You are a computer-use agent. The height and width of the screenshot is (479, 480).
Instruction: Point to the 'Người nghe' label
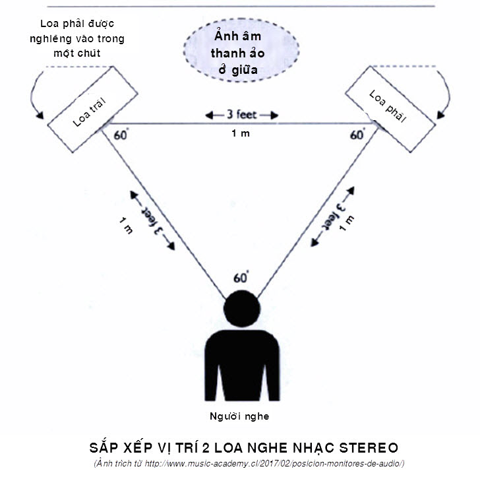click(x=239, y=416)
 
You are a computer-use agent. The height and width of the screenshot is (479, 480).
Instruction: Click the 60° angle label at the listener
click(x=241, y=277)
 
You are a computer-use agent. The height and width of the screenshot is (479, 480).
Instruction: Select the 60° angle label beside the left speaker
click(x=121, y=135)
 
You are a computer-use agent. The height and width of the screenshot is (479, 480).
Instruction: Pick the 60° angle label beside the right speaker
click(x=357, y=135)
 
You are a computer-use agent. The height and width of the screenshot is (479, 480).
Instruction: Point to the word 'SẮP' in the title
click(x=102, y=445)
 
